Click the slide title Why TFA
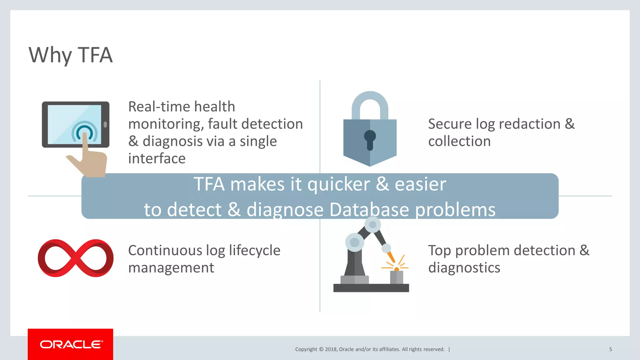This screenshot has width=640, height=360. coord(70,55)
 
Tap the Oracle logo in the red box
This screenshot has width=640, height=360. coord(71,344)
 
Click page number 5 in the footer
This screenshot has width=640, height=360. coord(610,349)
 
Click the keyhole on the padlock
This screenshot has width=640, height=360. coord(370,139)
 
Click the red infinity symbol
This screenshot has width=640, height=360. coord(75,258)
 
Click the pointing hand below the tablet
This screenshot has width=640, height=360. coord(91,162)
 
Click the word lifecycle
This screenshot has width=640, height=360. coord(254,251)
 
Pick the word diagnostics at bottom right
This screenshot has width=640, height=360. coord(464,268)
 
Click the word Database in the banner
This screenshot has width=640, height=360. coord(369,209)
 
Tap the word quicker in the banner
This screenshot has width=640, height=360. coord(338,184)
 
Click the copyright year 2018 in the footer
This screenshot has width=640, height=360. coord(331,349)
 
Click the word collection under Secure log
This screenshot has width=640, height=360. coord(459,141)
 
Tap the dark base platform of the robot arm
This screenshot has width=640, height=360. coord(371,288)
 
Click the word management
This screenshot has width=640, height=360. coord(171,268)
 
